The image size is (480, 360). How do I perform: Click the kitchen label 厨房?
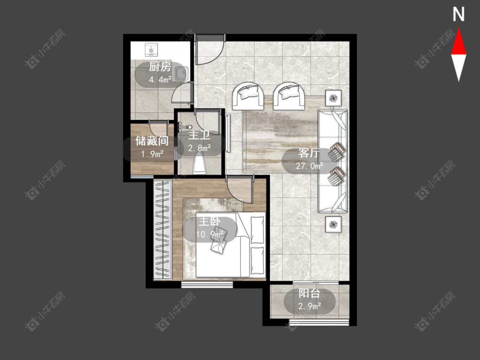coord(160,67)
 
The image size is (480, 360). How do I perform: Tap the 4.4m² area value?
coord(160,80)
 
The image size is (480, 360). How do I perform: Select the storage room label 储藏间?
coord(152,141)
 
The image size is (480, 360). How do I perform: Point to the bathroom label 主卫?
coord(199,135)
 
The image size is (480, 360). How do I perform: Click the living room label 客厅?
coord(309,153)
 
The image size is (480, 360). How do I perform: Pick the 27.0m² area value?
coord(309,166)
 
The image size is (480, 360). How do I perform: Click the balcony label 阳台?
coord(309,293)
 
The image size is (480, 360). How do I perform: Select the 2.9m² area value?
coord(309,306)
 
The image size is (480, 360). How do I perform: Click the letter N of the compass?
coord(458,15)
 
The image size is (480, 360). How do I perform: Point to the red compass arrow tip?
coord(459,29)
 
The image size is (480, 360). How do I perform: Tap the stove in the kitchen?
coord(151,49)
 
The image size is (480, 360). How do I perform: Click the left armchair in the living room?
coord(247,96)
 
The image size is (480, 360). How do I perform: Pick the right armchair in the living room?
coord(289,96)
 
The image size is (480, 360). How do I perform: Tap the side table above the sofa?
coord(333,98)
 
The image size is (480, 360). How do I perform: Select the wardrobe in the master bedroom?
coord(163,229)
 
